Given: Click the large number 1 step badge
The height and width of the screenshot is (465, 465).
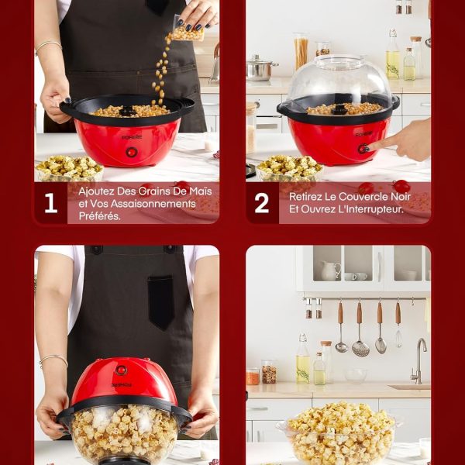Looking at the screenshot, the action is click(x=50, y=203).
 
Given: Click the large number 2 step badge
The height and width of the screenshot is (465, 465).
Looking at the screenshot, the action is click(x=262, y=203).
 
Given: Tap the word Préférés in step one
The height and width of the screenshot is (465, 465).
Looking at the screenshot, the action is click(x=100, y=216).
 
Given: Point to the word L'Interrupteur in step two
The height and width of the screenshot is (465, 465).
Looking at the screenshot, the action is click(x=376, y=209).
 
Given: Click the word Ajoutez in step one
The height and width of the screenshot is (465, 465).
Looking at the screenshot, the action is click(x=96, y=191).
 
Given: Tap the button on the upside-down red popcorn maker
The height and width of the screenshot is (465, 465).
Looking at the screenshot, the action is click(x=121, y=370).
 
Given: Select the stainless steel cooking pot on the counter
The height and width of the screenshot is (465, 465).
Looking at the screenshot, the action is click(x=260, y=69).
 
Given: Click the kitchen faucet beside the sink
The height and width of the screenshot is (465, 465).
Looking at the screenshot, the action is click(x=418, y=360).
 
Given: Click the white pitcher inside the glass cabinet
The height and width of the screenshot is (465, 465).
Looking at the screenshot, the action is click(x=331, y=270).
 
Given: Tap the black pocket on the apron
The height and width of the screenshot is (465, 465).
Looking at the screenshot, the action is click(x=161, y=302).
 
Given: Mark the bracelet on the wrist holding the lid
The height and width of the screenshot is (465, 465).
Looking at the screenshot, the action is click(x=53, y=359).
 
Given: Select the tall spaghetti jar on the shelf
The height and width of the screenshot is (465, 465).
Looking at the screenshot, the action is click(x=301, y=51).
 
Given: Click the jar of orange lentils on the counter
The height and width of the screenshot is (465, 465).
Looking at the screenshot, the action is click(x=253, y=376).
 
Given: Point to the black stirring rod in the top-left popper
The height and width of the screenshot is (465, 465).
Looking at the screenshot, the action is click(x=129, y=111).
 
